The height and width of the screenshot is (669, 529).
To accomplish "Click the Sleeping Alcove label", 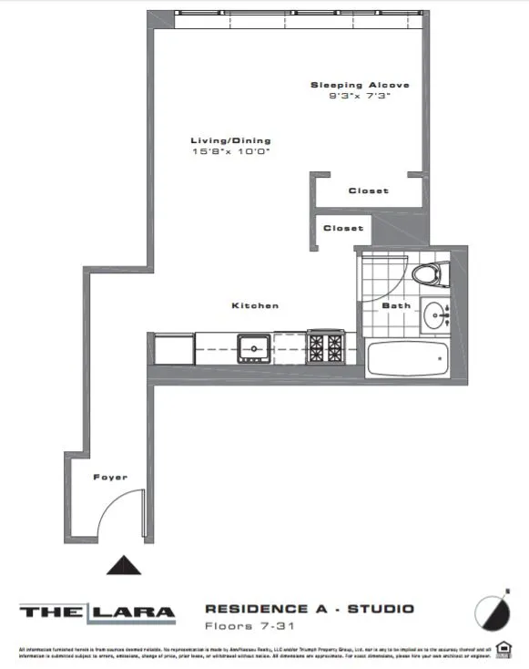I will (x=360, y=85).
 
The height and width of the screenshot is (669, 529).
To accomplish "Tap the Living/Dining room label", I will (x=230, y=140).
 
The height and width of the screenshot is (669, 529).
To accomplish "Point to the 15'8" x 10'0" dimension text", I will (x=230, y=151).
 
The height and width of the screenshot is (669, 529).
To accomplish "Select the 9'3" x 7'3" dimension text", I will (x=360, y=96).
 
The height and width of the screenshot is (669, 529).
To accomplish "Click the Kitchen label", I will (x=255, y=305).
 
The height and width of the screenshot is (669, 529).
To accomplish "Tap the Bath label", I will (x=395, y=305).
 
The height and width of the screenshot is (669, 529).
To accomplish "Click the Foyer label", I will (x=109, y=477).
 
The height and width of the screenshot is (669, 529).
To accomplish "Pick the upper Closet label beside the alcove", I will (x=368, y=190).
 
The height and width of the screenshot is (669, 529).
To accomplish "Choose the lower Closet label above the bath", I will (x=343, y=228).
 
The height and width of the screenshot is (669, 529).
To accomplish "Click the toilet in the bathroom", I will (x=429, y=273).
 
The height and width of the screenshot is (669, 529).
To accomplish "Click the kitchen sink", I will (x=251, y=347).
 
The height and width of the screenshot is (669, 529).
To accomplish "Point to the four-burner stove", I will (x=325, y=346).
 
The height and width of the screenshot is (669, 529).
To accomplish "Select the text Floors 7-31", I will (x=240, y=626).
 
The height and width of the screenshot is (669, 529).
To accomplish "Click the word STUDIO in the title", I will (x=381, y=608).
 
